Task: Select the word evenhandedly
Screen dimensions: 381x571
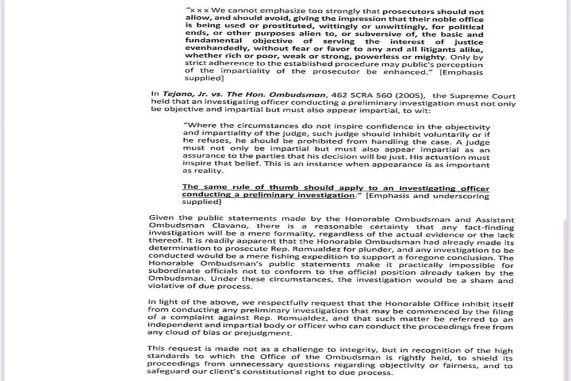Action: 211,48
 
